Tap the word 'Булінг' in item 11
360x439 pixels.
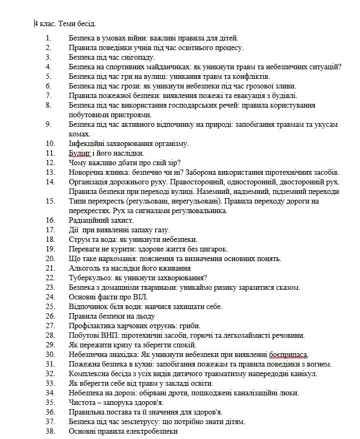tap(80, 153)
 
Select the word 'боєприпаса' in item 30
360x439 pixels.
tap(289, 354)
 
